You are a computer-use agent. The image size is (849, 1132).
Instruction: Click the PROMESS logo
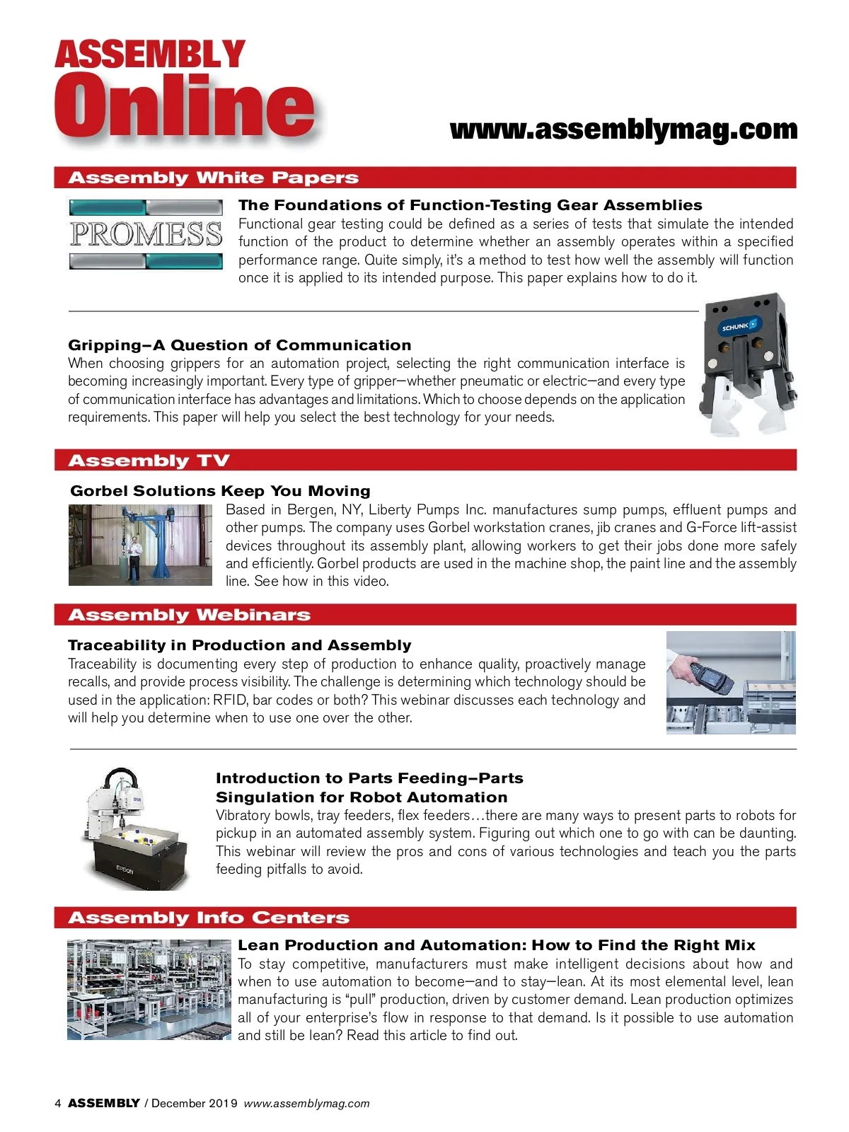click(146, 234)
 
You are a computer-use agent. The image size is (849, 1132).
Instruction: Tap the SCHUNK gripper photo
click(747, 364)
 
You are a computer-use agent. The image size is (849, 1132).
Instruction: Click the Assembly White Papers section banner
click(425, 178)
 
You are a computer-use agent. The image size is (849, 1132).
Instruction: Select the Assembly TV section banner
click(425, 460)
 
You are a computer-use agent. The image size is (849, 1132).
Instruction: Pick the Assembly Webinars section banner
click(425, 615)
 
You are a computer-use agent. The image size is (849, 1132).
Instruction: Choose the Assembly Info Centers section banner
click(425, 918)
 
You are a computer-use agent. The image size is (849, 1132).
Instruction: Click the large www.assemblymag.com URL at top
click(624, 129)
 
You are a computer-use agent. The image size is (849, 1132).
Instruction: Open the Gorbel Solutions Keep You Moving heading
click(220, 490)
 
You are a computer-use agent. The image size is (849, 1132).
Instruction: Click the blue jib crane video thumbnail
click(140, 545)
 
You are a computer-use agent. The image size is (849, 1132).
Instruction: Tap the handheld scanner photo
click(731, 682)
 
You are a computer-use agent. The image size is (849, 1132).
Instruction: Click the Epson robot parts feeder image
click(135, 828)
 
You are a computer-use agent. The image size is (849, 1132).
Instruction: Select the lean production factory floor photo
click(149, 989)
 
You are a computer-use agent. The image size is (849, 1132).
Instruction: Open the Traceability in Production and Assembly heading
click(240, 645)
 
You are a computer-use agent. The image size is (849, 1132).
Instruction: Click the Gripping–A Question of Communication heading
click(240, 345)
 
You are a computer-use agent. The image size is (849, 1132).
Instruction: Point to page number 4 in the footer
click(58, 1103)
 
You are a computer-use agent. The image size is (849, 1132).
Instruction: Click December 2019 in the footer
click(195, 1103)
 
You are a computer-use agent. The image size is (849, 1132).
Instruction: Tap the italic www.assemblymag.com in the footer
click(307, 1104)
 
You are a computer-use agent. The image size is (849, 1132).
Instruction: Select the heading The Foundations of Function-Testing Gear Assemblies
click(470, 204)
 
